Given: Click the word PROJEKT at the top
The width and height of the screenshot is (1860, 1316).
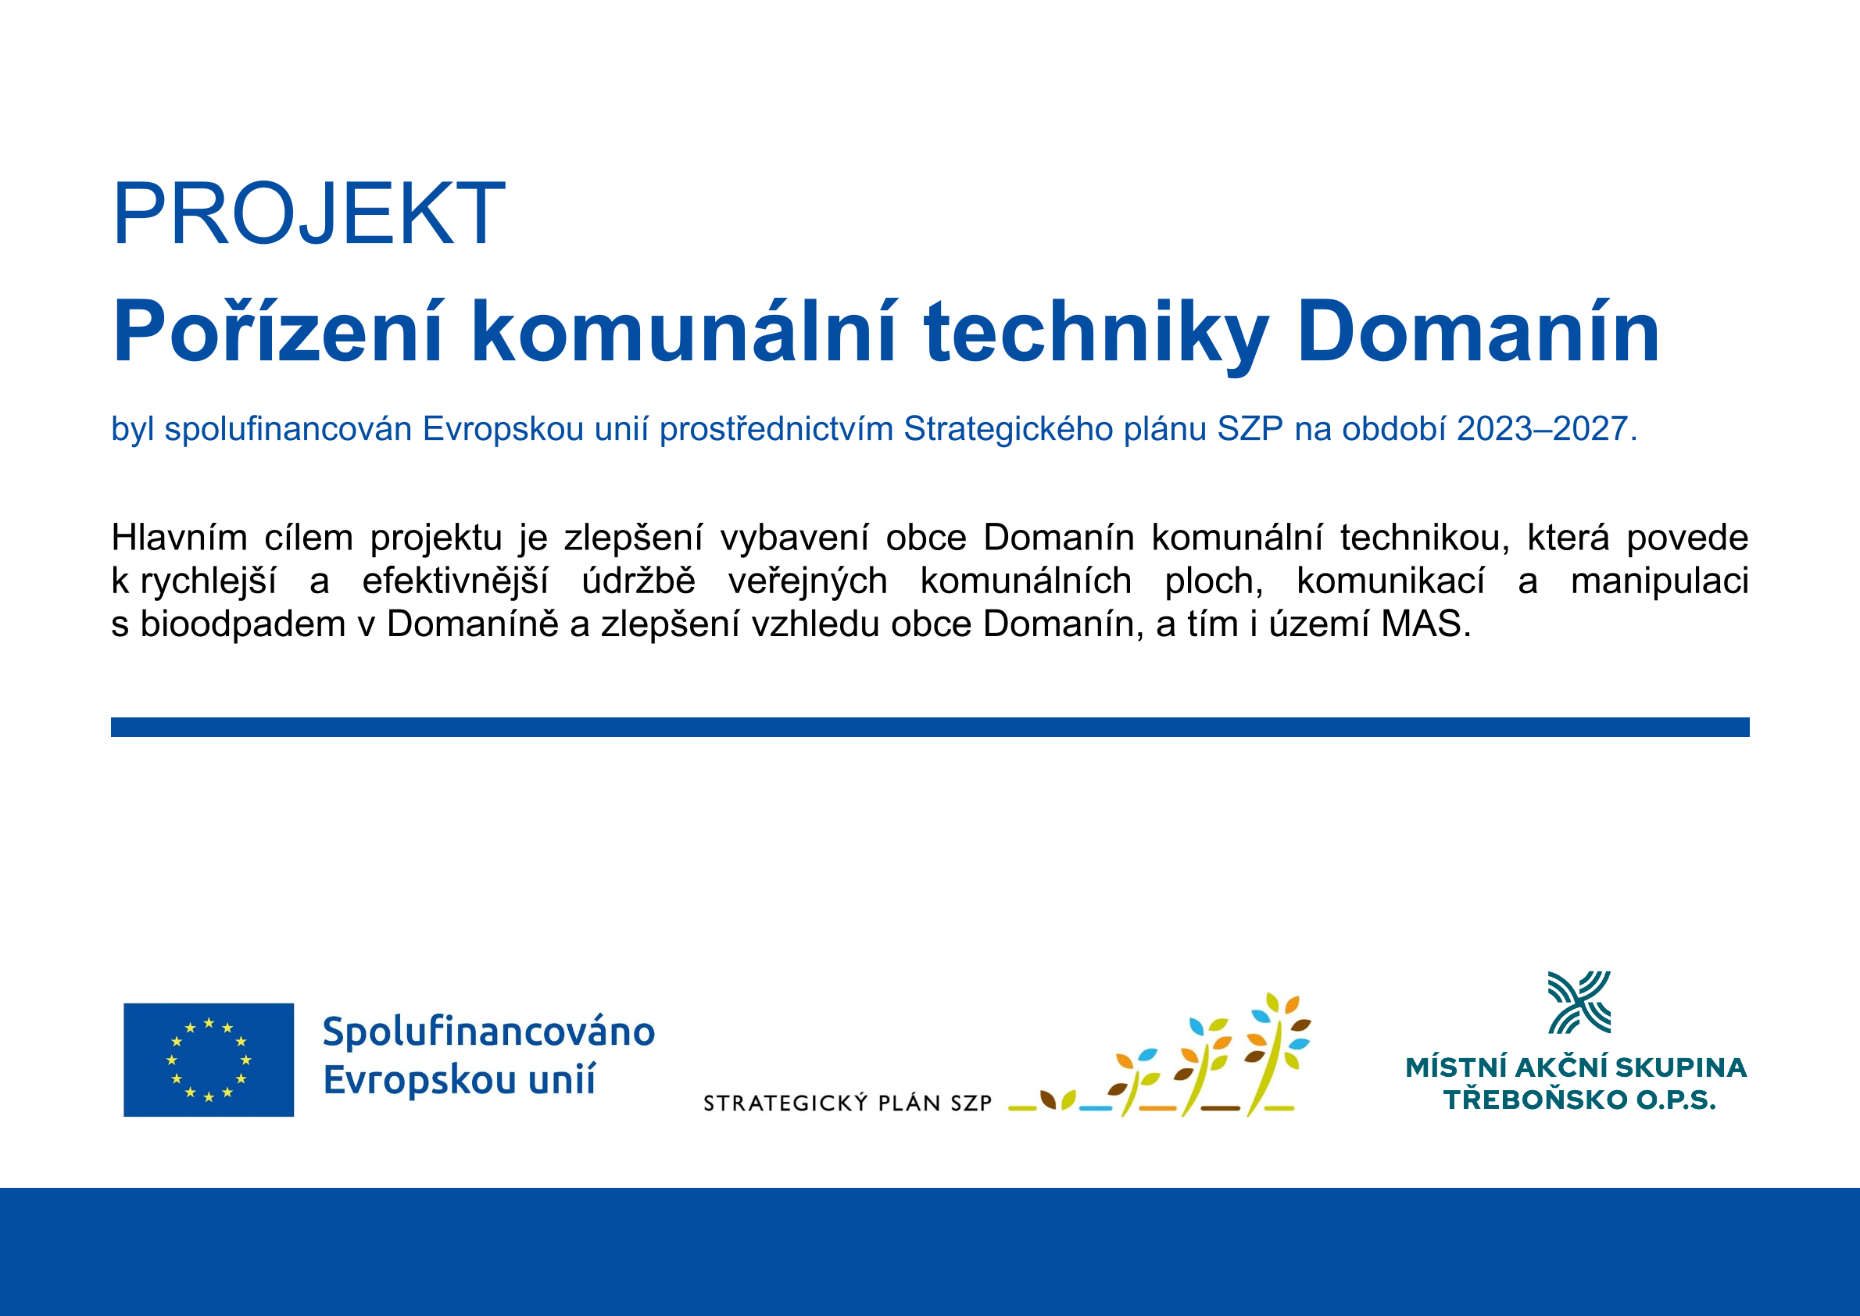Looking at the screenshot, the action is point(309,213).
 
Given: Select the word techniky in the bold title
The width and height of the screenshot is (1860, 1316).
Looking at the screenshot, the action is point(1095,333).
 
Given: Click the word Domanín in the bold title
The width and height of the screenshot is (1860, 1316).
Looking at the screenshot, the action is point(1478,331).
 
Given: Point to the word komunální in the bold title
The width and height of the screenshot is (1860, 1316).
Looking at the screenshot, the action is point(683,331).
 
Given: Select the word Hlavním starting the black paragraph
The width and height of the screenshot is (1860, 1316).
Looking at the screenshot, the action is point(179,537).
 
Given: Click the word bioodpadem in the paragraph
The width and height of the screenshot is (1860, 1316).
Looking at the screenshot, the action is point(243,624).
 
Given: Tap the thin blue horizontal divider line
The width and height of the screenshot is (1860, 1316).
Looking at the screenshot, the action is point(929,727).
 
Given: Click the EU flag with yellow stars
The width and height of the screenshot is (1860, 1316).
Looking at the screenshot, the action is point(209,1059).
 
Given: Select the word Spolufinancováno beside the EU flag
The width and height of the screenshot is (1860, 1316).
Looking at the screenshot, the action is point(488,1032).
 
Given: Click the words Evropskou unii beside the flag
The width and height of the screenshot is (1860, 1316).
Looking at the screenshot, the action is point(460,1080).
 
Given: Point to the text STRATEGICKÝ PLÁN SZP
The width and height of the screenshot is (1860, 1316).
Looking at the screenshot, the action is point(848,1103).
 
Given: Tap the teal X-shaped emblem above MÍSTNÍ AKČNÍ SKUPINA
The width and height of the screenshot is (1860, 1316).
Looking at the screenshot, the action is point(1579,1003).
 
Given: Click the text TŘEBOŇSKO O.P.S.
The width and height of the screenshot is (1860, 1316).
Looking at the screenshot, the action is point(1579,1100).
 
